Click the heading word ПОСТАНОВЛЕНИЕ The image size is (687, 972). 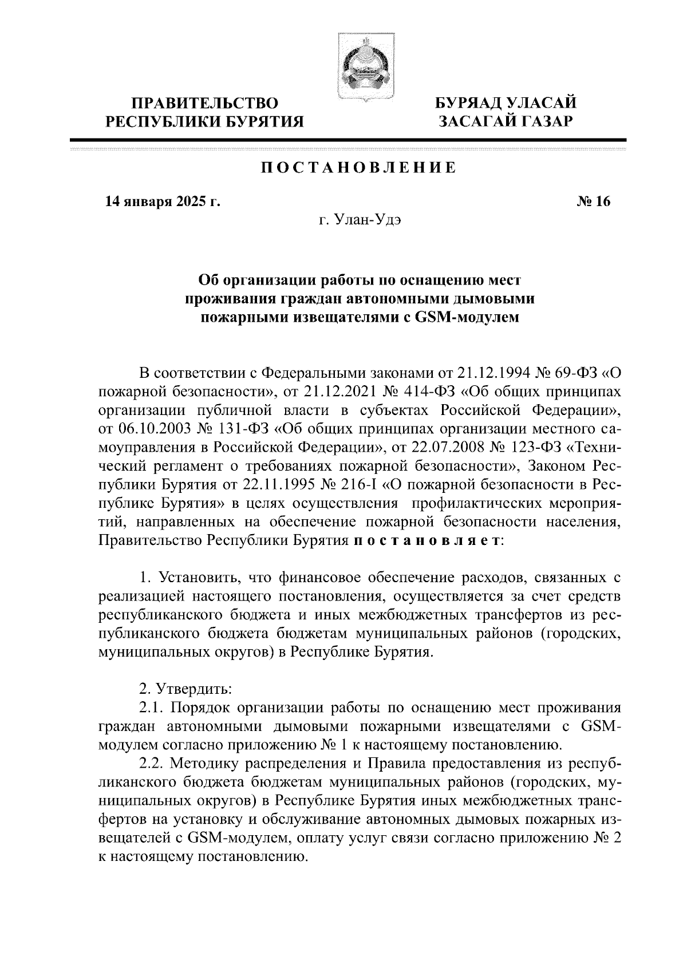[x=359, y=168]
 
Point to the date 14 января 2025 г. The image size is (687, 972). [x=162, y=201]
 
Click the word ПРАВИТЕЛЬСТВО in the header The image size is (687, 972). [x=206, y=104]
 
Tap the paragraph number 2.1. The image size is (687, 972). [x=152, y=708]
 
